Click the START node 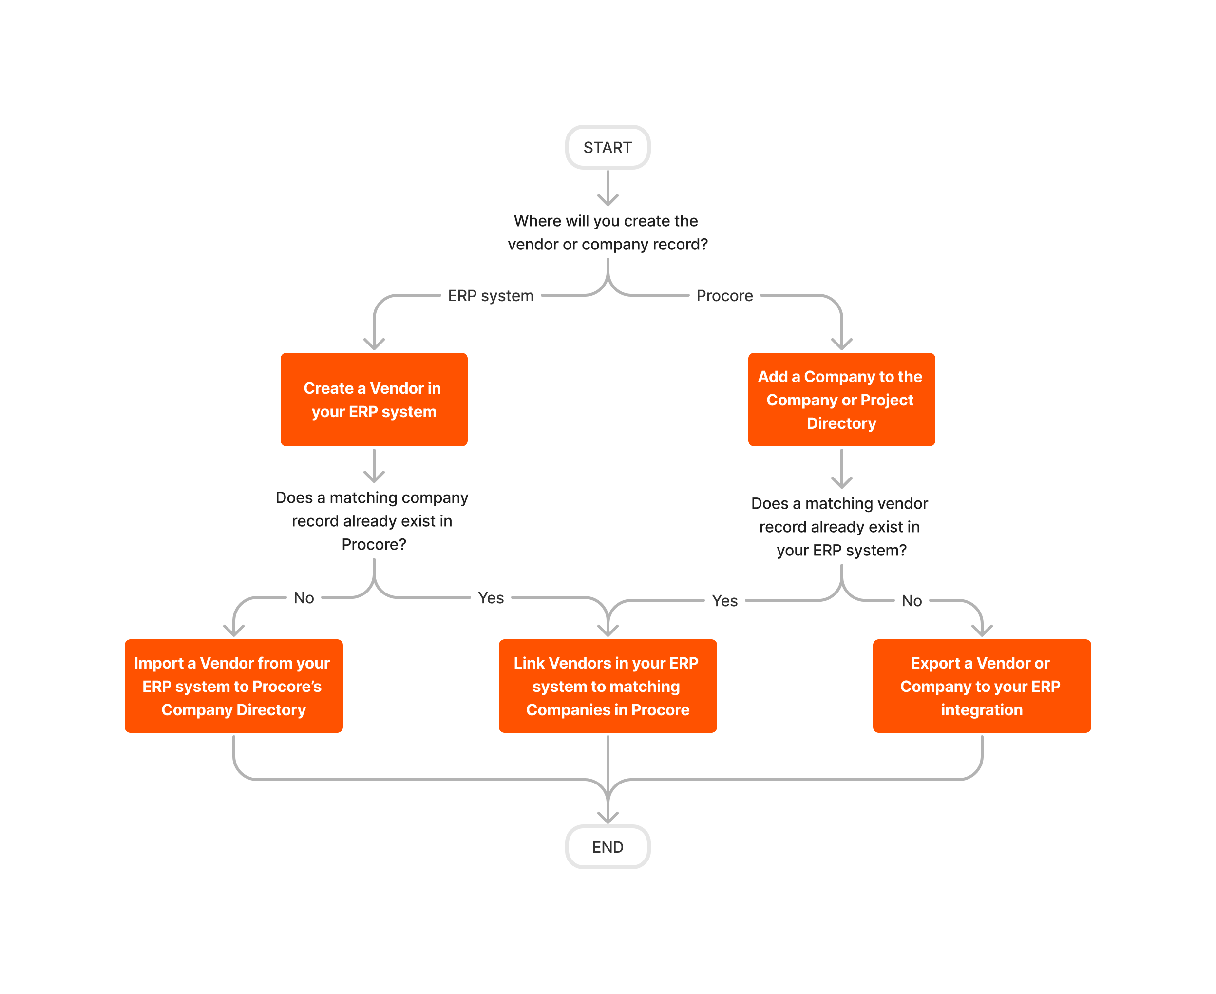click(608, 147)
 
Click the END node click(608, 847)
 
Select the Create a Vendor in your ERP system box click(374, 400)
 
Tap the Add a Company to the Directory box click(841, 400)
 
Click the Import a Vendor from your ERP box click(233, 686)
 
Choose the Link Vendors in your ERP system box click(608, 686)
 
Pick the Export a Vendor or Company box click(981, 686)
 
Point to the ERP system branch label click(491, 295)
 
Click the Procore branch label click(724, 295)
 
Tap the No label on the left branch click(304, 598)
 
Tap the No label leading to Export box click(912, 601)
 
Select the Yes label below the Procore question click(491, 598)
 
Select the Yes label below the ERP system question click(724, 601)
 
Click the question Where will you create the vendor click(608, 232)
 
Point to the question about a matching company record click(372, 520)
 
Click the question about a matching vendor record click(839, 526)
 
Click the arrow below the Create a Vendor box click(374, 466)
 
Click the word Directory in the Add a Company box click(841, 423)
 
